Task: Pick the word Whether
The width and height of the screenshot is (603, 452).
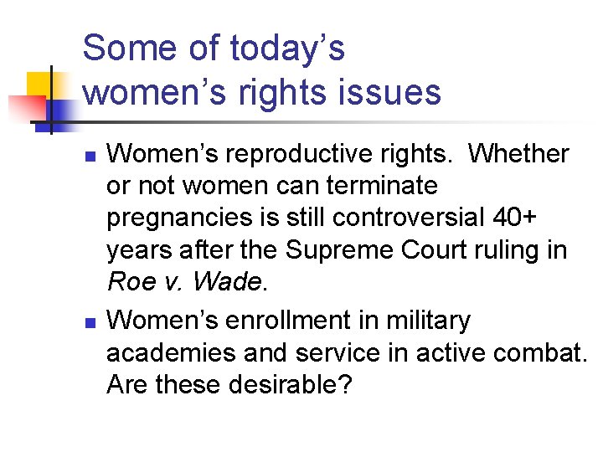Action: click(x=518, y=154)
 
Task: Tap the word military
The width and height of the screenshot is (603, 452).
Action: click(x=425, y=321)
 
